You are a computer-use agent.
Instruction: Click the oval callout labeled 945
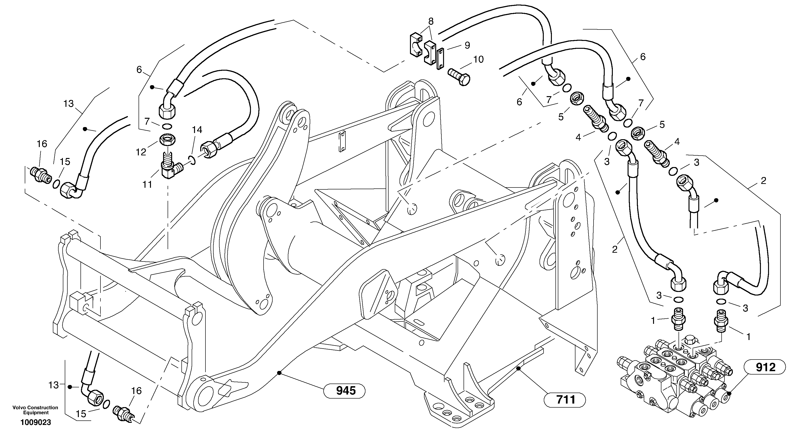click(x=344, y=391)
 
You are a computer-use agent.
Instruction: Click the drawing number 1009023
click(x=36, y=422)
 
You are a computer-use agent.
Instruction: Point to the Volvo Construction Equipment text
click(x=35, y=410)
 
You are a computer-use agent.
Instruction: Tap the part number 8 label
click(x=431, y=21)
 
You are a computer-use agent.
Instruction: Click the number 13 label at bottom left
click(x=53, y=385)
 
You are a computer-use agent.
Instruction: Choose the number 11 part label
click(x=147, y=184)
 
